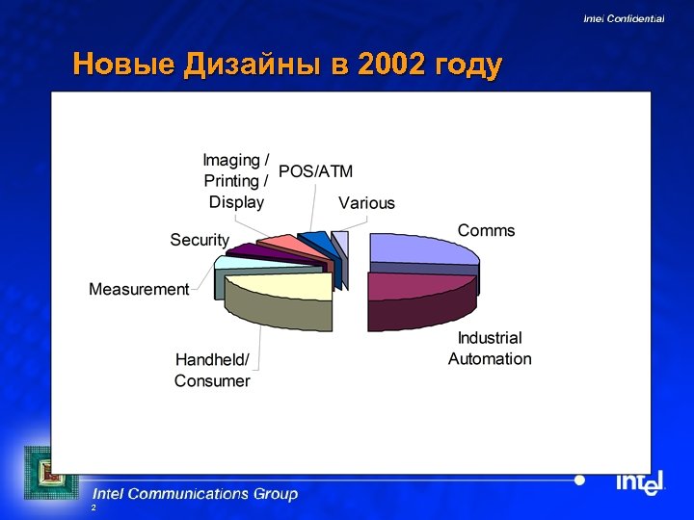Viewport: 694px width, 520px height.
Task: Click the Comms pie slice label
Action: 486,231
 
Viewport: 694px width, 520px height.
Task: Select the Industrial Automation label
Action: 490,349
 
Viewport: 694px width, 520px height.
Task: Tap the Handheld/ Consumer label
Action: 212,371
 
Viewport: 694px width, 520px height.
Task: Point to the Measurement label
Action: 139,290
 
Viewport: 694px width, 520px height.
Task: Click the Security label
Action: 200,240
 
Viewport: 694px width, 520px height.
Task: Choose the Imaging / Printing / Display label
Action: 236,181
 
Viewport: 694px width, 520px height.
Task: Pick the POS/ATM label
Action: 315,171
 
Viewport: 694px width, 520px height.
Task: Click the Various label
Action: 366,203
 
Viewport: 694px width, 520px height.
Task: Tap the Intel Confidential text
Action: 624,19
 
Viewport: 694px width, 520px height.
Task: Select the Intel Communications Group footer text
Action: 195,494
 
